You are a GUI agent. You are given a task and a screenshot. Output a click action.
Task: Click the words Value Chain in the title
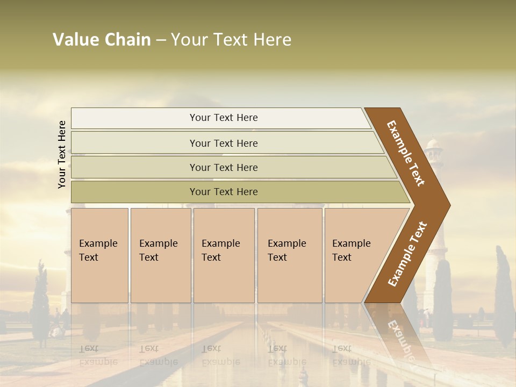click(x=102, y=40)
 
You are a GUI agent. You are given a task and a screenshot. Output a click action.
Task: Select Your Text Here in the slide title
click(x=231, y=40)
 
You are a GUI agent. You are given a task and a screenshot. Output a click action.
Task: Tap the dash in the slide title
click(x=161, y=40)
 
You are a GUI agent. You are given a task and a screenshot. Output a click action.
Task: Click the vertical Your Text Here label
click(x=62, y=154)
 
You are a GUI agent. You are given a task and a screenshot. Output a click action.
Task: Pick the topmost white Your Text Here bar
click(x=223, y=118)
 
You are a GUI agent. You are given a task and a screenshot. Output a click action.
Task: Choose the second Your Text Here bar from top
click(x=223, y=143)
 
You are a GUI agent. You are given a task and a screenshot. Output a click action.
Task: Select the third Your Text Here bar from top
click(x=223, y=167)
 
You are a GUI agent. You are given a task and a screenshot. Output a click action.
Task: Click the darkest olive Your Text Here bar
click(x=223, y=192)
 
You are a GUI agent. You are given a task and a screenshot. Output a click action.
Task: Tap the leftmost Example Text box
click(x=99, y=255)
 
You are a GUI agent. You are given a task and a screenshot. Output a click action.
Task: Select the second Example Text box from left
click(x=160, y=255)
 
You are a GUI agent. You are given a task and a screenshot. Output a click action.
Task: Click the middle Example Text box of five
click(x=224, y=255)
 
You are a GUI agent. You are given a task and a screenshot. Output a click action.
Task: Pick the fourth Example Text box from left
click(x=290, y=255)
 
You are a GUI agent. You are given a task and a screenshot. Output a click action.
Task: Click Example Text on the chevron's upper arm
click(x=406, y=153)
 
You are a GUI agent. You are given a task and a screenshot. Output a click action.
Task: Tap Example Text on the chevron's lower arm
click(x=407, y=254)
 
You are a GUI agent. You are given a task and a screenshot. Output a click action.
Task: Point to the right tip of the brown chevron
click(x=449, y=205)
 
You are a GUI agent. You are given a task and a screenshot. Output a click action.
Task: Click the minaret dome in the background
click(x=434, y=144)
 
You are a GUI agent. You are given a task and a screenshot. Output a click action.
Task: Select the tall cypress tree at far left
click(x=40, y=301)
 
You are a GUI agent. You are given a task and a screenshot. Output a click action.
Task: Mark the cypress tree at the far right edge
click(x=504, y=296)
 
